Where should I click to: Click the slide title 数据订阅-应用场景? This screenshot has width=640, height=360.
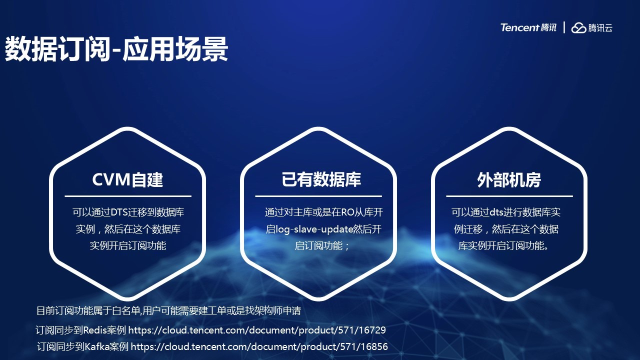(x=116, y=49)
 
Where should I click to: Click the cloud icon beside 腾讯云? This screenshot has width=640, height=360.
(x=578, y=27)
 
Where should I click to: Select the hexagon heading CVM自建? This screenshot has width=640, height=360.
(x=127, y=179)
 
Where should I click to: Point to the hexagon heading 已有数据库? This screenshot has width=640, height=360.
(x=321, y=179)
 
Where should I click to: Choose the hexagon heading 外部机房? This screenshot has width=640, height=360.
(x=509, y=180)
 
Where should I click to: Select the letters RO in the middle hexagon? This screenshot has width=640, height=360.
(x=348, y=212)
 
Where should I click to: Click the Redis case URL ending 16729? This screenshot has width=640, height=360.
(x=257, y=330)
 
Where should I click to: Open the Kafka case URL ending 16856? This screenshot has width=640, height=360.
(x=259, y=347)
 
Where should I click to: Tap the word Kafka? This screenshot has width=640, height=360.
(x=97, y=347)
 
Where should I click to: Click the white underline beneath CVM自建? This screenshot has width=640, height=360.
(x=128, y=196)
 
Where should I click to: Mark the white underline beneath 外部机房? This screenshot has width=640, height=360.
(x=509, y=196)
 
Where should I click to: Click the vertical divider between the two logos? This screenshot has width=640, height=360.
(x=564, y=27)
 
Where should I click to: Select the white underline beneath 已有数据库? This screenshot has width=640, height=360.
(x=318, y=196)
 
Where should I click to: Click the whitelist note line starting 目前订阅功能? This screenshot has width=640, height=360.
(x=168, y=311)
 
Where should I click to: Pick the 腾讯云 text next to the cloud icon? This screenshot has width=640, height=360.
(x=600, y=28)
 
